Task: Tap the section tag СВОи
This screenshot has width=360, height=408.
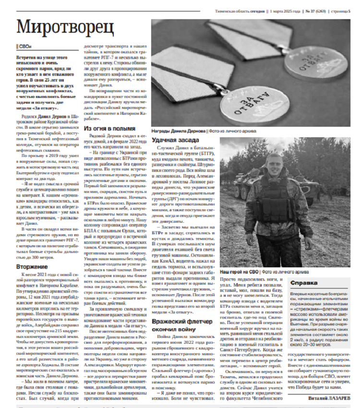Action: [x=24, y=46]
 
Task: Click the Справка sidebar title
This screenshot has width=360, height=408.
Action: [x=304, y=283]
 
